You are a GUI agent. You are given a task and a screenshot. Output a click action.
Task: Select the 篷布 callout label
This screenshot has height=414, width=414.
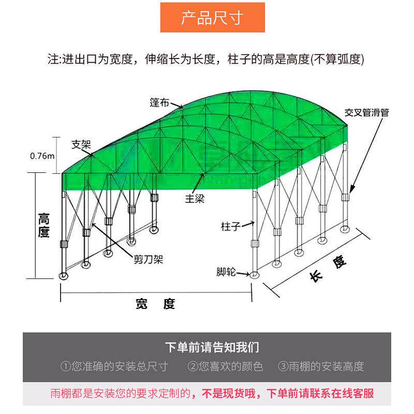[160, 102]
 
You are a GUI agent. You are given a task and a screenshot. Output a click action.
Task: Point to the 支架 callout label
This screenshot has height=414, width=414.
[81, 144]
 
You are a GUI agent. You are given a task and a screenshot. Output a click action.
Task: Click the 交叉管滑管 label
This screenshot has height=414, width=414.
[367, 112]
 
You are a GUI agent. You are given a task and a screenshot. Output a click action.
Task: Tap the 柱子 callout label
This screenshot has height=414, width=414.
[231, 226]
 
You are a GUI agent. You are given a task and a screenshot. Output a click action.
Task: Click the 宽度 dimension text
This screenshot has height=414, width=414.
[155, 304]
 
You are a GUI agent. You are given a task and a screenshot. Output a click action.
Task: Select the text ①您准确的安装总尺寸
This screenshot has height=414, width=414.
[114, 367]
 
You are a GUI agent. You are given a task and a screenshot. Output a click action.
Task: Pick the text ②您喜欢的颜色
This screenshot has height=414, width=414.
[225, 367]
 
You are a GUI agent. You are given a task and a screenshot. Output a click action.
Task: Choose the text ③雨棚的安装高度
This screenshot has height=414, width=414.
[321, 367]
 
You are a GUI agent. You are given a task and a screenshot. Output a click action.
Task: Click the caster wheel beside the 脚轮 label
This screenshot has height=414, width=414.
[254, 275]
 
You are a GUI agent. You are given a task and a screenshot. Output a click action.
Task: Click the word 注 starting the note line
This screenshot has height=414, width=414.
[52, 59]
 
